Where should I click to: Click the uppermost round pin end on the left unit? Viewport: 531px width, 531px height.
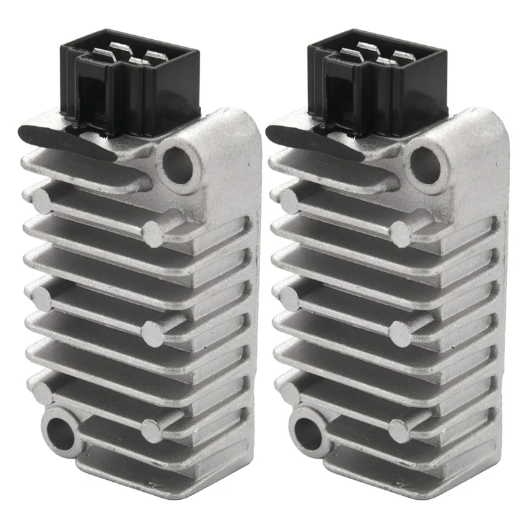[x=41, y=200]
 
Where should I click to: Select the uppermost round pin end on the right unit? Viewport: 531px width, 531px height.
[x=289, y=200]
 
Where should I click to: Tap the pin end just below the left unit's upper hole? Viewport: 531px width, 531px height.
[x=153, y=232]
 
